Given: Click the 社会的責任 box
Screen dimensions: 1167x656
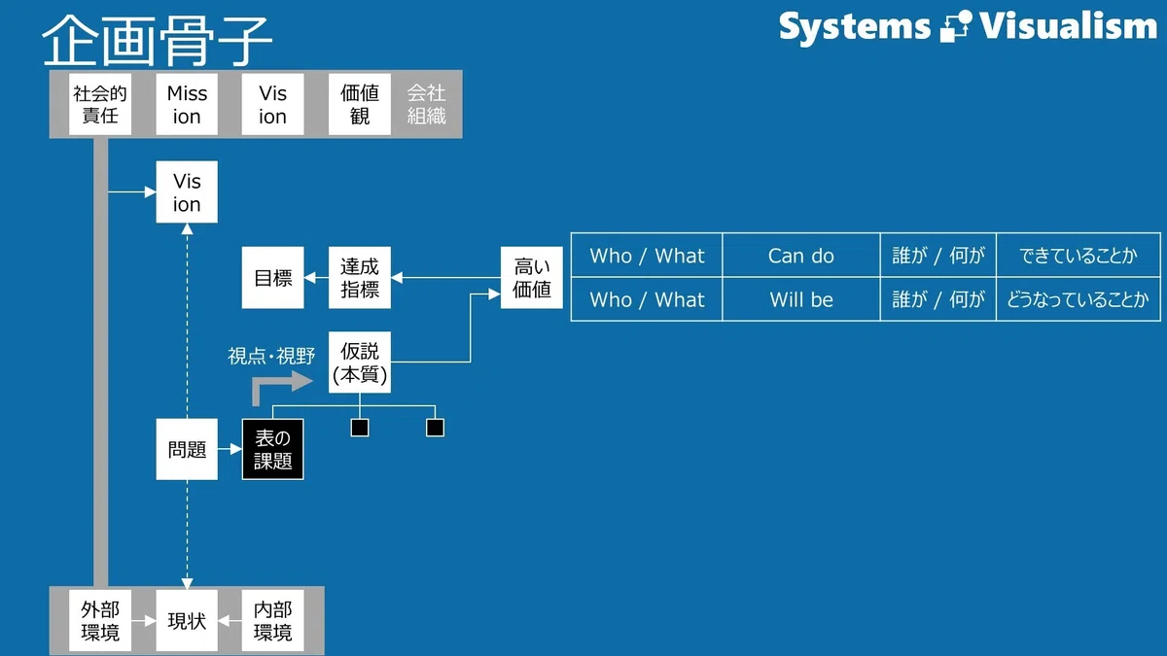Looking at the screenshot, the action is pos(99,104).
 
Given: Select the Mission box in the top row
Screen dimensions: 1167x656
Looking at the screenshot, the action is pos(187,104).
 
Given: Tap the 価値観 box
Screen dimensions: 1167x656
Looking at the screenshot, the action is pos(360,104).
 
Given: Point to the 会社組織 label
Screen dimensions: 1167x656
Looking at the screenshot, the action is pos(426,104).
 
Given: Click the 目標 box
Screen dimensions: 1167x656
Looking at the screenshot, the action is pos(272,278).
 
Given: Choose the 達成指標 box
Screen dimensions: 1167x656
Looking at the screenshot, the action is pos(360,278).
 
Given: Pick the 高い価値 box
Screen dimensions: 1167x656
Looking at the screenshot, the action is pos(531,278).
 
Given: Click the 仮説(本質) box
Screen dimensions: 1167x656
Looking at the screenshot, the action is pos(360,363).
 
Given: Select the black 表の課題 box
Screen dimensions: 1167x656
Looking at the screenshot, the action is pos(272,449).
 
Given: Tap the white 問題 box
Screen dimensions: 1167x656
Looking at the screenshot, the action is pos(187,449).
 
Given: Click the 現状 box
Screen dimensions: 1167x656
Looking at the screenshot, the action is pos(187,620).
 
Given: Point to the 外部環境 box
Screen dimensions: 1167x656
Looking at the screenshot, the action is pos(99,620).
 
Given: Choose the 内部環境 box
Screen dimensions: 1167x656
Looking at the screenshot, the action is pos(272,620).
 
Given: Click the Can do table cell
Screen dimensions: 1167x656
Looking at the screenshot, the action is pos(800,255).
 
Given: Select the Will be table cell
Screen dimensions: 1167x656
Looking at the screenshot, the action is pos(800,299).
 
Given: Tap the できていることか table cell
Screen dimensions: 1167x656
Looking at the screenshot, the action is pos(1078,255).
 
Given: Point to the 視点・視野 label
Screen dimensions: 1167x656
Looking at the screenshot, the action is pos(271,356).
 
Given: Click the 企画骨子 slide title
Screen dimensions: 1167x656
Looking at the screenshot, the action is pos(157,40).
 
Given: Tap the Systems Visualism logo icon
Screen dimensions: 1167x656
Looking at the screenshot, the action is pos(955,26).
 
